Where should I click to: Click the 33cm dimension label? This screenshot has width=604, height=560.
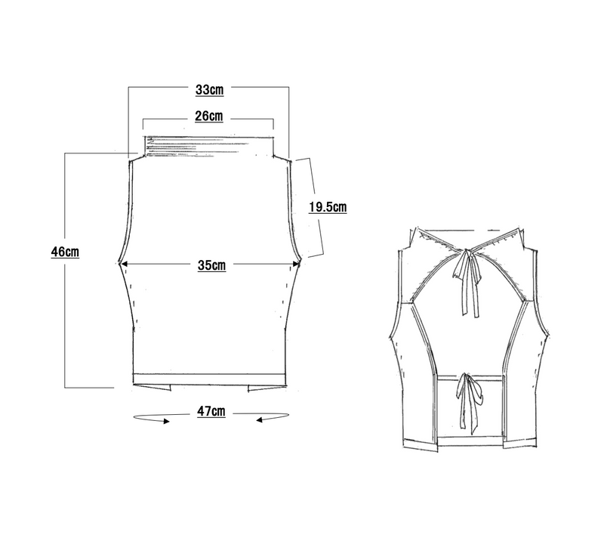(210, 90)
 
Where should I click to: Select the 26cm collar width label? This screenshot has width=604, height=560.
(209, 116)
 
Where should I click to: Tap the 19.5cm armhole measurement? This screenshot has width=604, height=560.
(328, 207)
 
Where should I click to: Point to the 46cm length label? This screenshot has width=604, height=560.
(65, 252)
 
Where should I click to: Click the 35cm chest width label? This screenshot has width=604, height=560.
(212, 265)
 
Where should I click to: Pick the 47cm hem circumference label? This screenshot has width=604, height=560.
(211, 411)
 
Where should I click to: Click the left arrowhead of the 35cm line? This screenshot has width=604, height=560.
(123, 264)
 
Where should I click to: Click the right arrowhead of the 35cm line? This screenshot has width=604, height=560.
(296, 265)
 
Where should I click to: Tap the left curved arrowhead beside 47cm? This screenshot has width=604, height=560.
(166, 421)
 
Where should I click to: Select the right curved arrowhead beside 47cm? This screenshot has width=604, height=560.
(260, 420)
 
